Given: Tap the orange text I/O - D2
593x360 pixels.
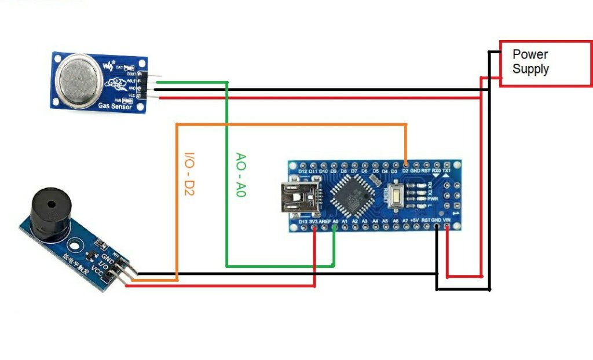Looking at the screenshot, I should click(189, 174).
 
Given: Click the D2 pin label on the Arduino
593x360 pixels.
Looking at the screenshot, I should click(405, 172).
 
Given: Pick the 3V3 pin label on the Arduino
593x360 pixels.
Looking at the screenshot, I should click(314, 221).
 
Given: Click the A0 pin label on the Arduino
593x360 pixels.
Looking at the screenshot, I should click(335, 221).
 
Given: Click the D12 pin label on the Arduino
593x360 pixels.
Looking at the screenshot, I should click(302, 172).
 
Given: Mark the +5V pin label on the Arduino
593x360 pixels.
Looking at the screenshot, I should click(415, 221).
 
